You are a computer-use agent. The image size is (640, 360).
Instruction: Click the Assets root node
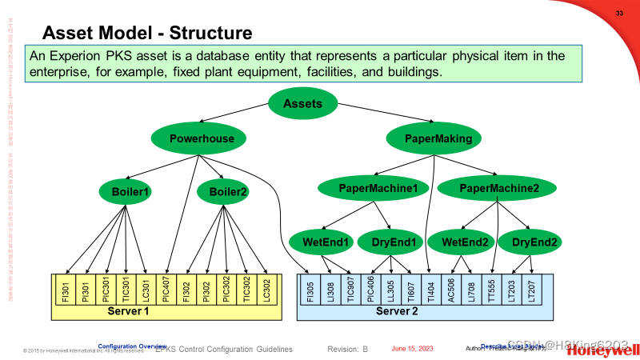point(302,103)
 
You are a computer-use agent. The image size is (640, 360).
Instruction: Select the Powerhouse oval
point(202,138)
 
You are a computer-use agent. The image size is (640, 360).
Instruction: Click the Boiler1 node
point(125,191)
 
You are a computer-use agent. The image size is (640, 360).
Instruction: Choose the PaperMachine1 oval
point(378,189)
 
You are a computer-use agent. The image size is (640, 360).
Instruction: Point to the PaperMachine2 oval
point(499,189)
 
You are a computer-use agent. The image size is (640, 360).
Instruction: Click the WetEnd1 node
point(326,242)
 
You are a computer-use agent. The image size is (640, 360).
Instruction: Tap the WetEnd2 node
point(459,242)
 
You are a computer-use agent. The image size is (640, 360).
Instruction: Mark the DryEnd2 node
point(528,242)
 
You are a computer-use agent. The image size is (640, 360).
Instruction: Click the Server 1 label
point(128,310)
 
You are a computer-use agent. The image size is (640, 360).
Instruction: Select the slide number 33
point(618,14)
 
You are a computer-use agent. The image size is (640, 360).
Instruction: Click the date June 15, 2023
point(412,349)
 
